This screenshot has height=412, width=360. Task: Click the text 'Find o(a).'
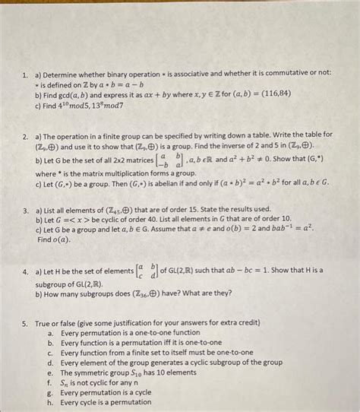53,239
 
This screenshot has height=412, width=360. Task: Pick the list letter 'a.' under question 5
50,332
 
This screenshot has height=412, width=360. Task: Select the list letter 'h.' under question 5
50,402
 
